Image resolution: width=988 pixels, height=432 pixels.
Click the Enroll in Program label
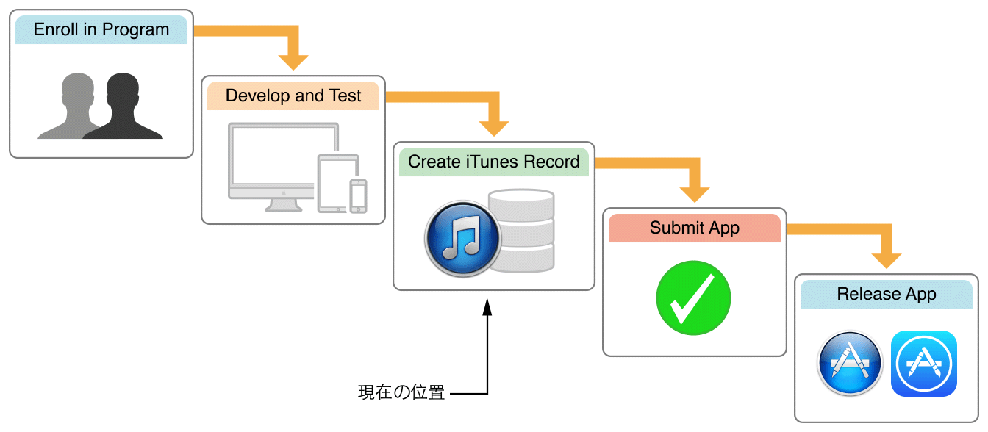[101, 30]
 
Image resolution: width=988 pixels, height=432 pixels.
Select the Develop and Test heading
[293, 96]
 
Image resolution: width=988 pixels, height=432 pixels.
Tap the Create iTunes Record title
[493, 162]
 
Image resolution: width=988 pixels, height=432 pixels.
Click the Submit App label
[694, 228]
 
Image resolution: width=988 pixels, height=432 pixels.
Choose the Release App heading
[886, 295]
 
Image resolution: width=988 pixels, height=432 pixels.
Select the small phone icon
[358, 196]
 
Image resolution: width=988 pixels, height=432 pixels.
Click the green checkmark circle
[693, 298]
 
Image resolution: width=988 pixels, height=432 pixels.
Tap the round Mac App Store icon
[850, 364]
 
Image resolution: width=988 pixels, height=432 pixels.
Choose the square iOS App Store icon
[923, 364]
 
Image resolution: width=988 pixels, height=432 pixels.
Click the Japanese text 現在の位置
[401, 392]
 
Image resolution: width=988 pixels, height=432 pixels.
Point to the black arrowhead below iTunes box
[487, 304]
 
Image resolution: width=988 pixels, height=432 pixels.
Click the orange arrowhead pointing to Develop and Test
[293, 62]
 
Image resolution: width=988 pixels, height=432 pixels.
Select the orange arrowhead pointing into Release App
[887, 260]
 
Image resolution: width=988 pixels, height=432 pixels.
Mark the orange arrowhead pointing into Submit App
[694, 194]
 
